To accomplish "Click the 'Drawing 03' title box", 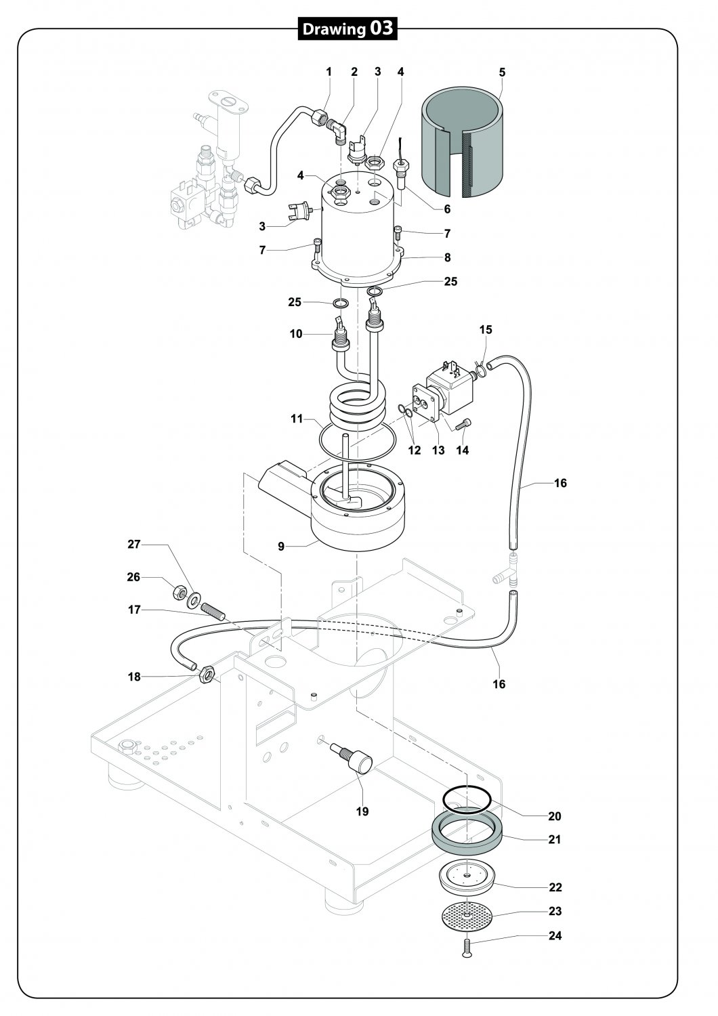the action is coord(347,28).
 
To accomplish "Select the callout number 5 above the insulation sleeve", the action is coord(502,72).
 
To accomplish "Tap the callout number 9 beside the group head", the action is coord(281,547).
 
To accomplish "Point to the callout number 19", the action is coord(362,811).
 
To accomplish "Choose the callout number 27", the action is coord(134,544).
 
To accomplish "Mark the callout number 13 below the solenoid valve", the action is coord(438,450).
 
